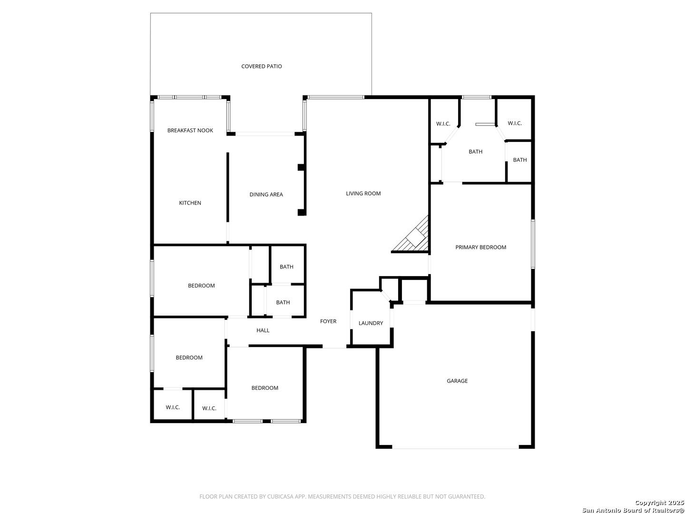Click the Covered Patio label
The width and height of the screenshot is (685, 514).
[x=262, y=66]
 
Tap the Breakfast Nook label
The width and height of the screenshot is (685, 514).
[x=190, y=130]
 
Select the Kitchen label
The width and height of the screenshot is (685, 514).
[x=190, y=203]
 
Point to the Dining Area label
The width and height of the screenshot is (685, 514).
[x=266, y=195]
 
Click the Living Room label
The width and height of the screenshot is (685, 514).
[x=363, y=194]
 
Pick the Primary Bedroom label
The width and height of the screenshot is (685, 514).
[x=480, y=247]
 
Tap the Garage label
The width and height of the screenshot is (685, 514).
[x=457, y=381]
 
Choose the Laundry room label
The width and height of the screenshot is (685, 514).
[x=371, y=323]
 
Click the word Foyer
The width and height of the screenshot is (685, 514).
[x=328, y=321]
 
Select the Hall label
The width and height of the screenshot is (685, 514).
[x=263, y=330]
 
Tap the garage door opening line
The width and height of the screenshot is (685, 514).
[x=455, y=448]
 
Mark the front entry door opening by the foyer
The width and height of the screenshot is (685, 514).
[x=334, y=347]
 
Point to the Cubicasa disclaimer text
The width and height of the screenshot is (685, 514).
[x=342, y=496]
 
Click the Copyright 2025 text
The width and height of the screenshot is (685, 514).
[x=658, y=503]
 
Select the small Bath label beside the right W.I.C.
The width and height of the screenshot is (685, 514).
[x=520, y=160]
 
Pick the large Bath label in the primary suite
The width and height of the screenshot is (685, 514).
[x=476, y=152]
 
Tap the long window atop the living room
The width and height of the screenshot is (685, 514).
[x=336, y=98]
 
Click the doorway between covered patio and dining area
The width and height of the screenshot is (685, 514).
[x=265, y=134]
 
